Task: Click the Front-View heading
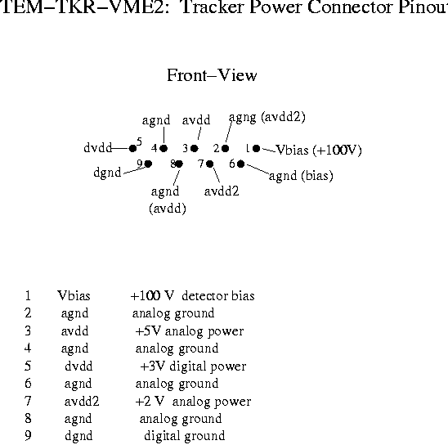coord(212,75)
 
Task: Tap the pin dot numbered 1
coord(256,148)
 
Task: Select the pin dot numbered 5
coord(132,148)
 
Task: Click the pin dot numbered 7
coord(210,164)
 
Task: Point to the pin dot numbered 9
coord(148,164)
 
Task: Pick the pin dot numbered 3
coord(195,148)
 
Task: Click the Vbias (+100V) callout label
coord(319,150)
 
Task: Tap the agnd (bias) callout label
coord(301,176)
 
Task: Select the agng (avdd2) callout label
coord(267,117)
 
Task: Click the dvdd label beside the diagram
coord(98,148)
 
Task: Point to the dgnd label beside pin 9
coord(107,173)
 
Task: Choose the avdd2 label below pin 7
coord(222,191)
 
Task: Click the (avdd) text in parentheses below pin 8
coord(168,209)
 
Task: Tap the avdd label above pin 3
coord(196,120)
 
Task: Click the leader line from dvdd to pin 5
coord(120,148)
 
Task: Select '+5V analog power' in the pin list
coord(190,331)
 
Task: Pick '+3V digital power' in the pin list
coord(193,366)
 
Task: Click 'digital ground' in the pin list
coord(185,436)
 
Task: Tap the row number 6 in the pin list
coord(28,384)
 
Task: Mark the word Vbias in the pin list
coord(74,296)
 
